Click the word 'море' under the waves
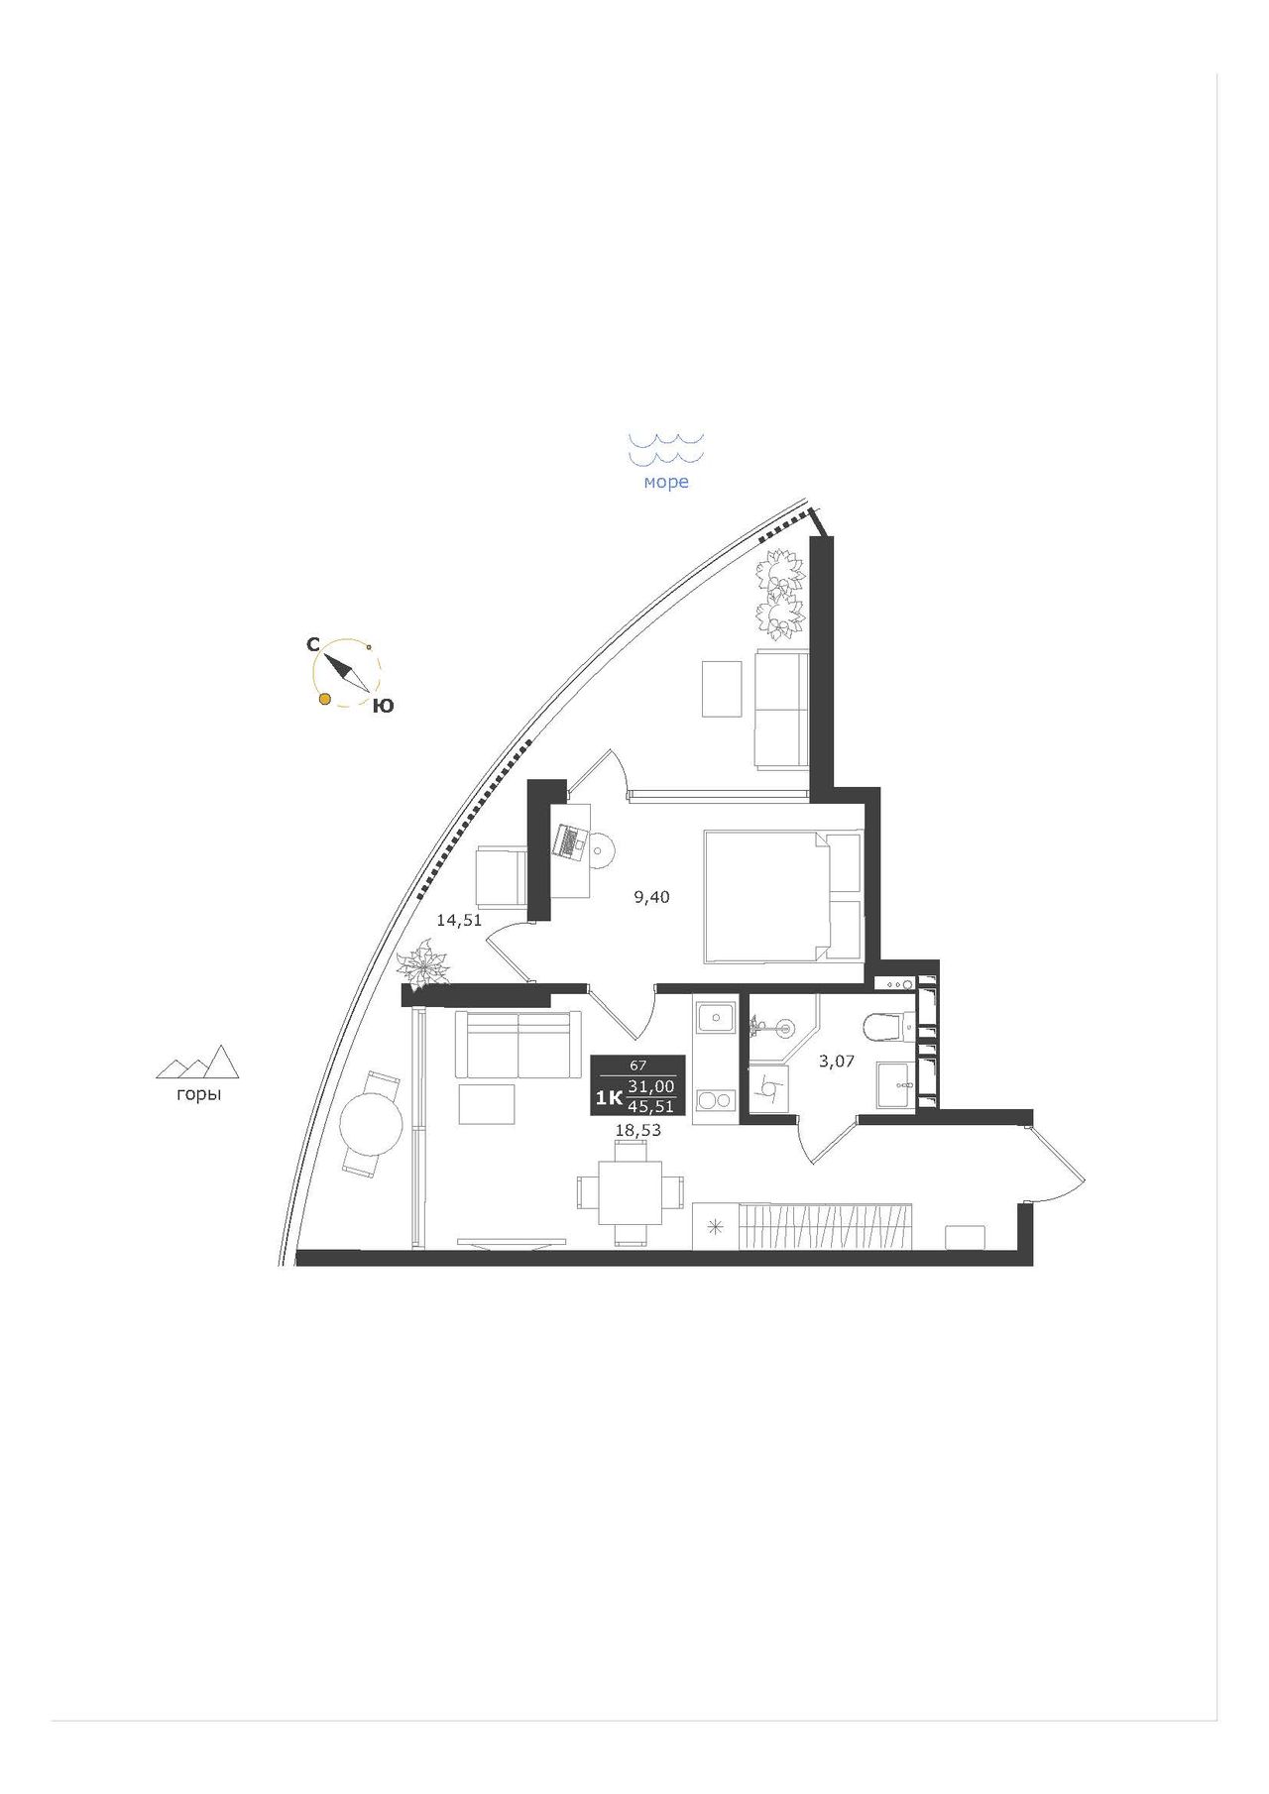point(666,483)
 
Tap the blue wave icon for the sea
point(666,448)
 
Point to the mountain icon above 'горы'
point(198,1062)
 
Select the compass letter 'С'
point(312,645)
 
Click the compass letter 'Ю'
point(383,707)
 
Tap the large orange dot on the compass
point(324,700)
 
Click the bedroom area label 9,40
point(652,898)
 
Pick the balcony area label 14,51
point(459,920)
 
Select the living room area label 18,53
point(638,1129)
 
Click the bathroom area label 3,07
point(837,1063)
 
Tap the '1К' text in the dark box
point(609,1097)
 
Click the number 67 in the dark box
point(638,1065)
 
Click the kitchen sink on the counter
point(715,1017)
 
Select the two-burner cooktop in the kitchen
point(715,1099)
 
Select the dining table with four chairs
point(631,1191)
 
